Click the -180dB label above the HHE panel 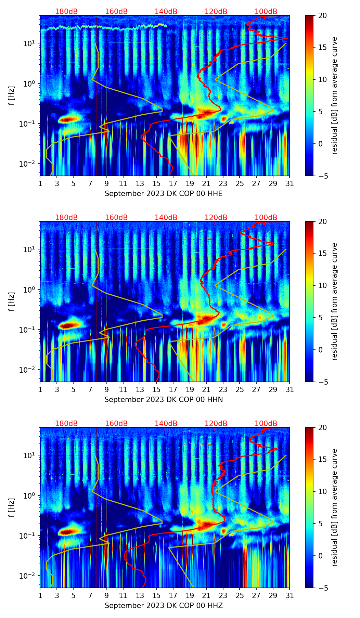[65, 12]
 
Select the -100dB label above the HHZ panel [265, 424]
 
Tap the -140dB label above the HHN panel [165, 218]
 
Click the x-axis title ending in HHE [164, 194]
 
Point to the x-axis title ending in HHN [164, 400]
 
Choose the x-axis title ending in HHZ [164, 606]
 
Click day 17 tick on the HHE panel [173, 183]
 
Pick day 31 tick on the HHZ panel [290, 595]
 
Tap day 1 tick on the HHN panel [40, 389]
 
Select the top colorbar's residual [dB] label [334, 95]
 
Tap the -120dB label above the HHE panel [215, 12]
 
